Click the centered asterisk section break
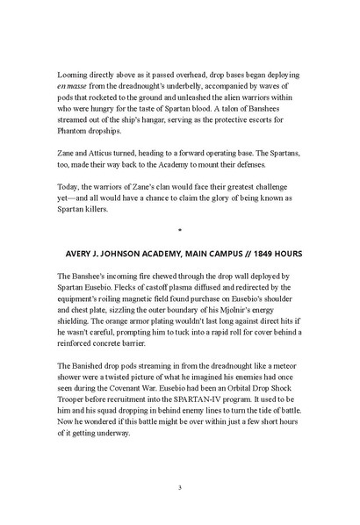(x=179, y=232)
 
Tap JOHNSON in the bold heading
(x=133, y=254)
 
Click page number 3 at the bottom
(x=179, y=487)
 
